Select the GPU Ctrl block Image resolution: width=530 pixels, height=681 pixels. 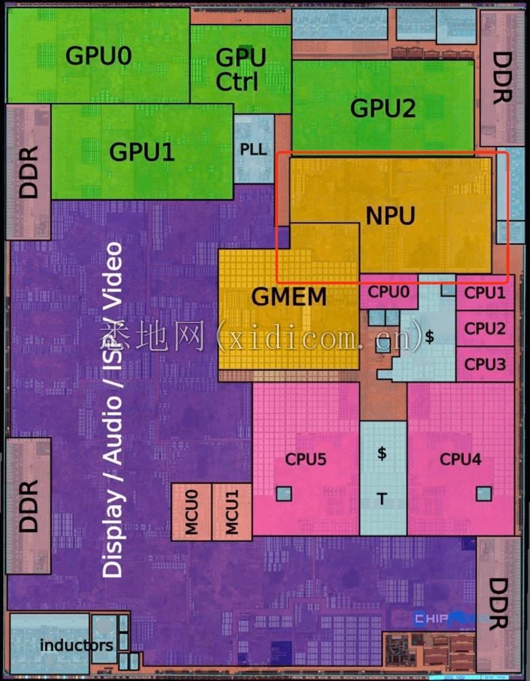(237, 70)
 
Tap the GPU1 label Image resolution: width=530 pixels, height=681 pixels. (142, 151)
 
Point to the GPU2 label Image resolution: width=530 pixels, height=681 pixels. (382, 108)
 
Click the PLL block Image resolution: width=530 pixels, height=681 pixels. (253, 149)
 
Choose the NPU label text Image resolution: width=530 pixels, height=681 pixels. (390, 216)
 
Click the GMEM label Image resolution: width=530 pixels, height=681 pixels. (289, 297)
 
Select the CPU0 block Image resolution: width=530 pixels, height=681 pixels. (388, 292)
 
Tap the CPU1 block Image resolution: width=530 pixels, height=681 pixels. (485, 294)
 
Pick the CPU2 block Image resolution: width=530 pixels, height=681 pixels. (485, 328)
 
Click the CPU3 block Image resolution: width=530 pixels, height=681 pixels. (485, 364)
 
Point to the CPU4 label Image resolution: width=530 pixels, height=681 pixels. (460, 459)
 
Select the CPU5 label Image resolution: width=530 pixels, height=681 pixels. (305, 460)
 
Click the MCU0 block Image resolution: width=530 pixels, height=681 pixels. (191, 512)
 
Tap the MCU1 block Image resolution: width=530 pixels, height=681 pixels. (231, 512)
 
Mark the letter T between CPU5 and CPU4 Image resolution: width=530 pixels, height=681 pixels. (382, 499)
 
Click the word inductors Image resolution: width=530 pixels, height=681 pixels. (76, 644)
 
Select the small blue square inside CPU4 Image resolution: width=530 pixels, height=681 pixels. (483, 492)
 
